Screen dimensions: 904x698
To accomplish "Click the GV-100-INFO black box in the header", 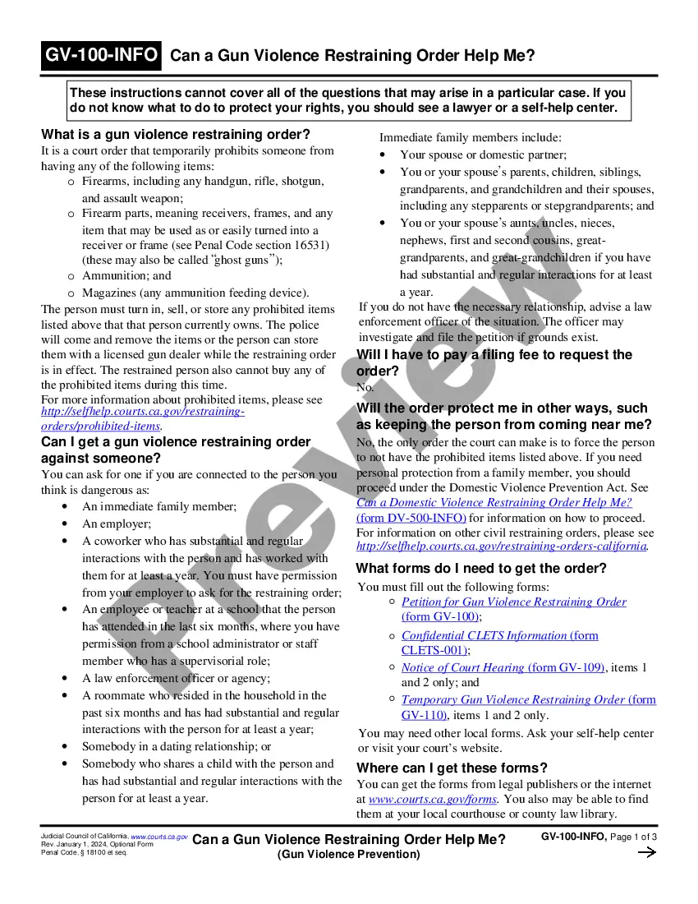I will coord(102,55).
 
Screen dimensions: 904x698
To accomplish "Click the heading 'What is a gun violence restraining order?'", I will coord(176,134).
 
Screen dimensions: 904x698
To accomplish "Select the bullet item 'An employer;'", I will coord(117,523).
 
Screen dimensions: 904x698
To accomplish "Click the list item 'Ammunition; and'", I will coord(126,275).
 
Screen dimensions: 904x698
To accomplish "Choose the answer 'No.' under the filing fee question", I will coord(365,387).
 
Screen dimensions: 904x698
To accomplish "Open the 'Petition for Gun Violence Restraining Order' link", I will coord(513,602).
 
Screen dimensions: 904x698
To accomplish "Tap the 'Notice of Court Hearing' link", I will coord(462,667).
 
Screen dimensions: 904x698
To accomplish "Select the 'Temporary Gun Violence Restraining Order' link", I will coord(513,699).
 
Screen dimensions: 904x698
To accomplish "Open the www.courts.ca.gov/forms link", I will coord(433,799).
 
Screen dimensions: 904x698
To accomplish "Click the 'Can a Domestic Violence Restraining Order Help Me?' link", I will coord(494,502).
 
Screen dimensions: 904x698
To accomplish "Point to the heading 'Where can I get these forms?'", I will coord(452,768).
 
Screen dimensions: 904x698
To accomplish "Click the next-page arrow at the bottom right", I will coord(646,852).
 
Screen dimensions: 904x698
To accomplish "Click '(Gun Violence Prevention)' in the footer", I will coord(348,854).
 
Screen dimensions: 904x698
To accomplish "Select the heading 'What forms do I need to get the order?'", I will coord(481,568).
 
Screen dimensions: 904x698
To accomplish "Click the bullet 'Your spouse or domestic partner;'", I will coord(483,155).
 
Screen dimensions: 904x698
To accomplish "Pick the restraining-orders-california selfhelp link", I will coord(502,546).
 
